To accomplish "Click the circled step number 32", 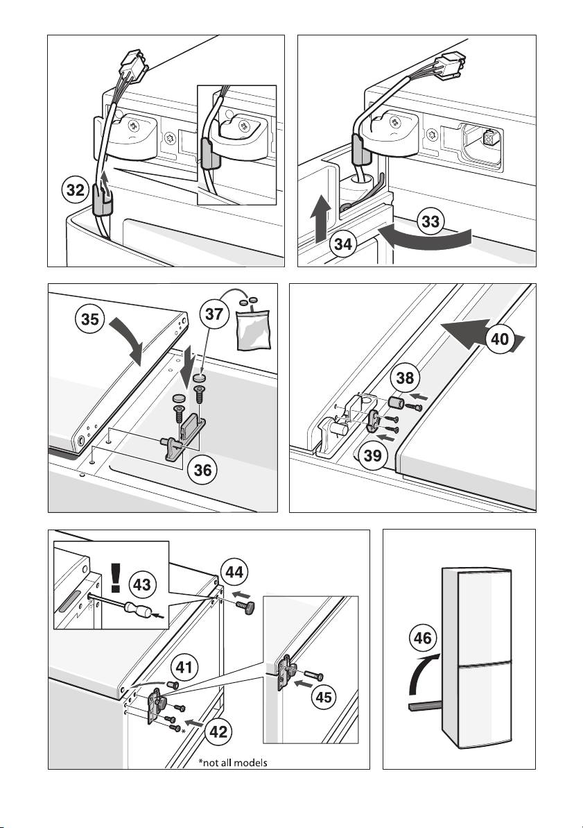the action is pos(76,190).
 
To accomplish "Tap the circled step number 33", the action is pos(430,221).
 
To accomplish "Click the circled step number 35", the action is pos(90,321).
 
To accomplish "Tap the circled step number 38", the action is pos(406,378).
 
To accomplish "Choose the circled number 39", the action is pos(372,455).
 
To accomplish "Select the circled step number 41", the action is pos(184,668).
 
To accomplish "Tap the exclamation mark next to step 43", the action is pos(116,577).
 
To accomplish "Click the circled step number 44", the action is pos(235,572).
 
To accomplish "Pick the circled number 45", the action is pos(324,698).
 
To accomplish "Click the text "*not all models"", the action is pos(233,763).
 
